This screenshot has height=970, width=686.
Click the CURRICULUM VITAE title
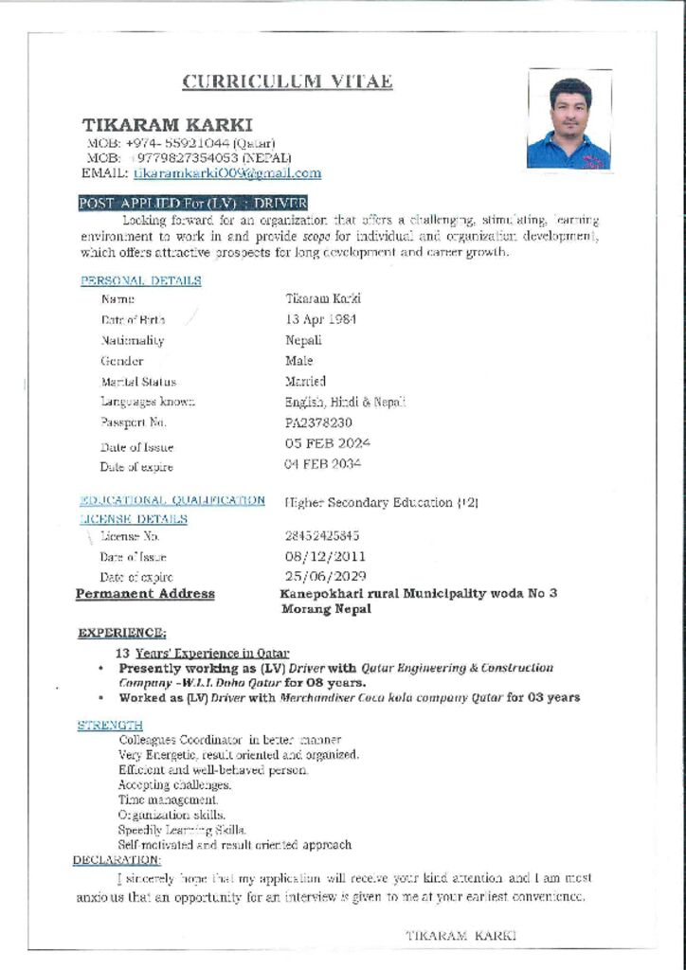click(287, 81)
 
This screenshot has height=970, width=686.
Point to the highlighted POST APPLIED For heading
click(192, 204)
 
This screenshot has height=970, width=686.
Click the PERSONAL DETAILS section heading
click(140, 280)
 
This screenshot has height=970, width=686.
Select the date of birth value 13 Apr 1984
click(320, 319)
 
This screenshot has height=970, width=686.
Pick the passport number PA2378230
click(318, 422)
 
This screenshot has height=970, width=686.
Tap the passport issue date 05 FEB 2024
click(327, 443)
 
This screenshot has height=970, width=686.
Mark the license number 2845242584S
click(322, 536)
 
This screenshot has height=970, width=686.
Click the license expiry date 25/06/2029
click(325, 576)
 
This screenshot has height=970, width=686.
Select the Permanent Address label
click(145, 594)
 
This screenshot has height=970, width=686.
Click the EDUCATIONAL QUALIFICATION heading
click(172, 500)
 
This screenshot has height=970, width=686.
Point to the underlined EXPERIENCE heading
click(122, 633)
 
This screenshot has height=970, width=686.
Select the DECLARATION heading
click(117, 859)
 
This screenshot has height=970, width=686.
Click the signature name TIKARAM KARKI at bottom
click(460, 934)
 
